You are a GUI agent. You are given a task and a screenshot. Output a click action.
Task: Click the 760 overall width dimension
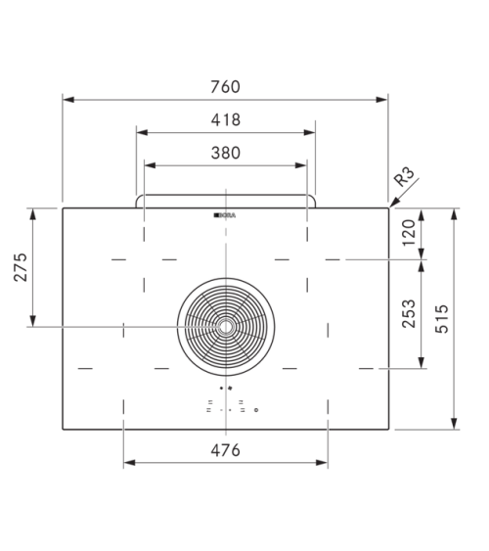point(225,87)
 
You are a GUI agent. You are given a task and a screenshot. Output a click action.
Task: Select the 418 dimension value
point(226,119)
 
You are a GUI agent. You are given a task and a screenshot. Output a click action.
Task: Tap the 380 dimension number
point(226,153)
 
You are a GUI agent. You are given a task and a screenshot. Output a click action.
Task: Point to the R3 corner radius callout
point(404,176)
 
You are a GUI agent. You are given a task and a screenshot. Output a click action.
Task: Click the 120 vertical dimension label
point(409,233)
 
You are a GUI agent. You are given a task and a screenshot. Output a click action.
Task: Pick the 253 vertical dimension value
point(409,313)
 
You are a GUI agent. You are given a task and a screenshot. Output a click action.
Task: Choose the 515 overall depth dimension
point(442,319)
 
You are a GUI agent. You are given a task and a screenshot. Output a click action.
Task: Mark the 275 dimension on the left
point(21,267)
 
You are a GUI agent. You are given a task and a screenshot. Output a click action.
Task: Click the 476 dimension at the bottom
point(225,450)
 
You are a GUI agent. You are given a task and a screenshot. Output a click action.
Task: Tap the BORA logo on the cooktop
point(225,215)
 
